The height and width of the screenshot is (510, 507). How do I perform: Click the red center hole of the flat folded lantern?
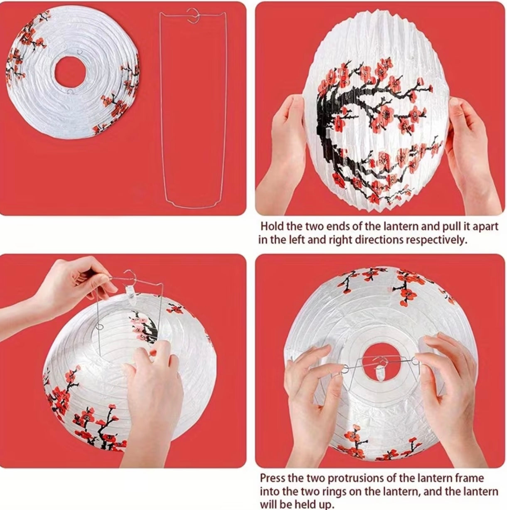[71, 72]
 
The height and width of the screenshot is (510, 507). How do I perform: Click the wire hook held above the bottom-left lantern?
[130, 276]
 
